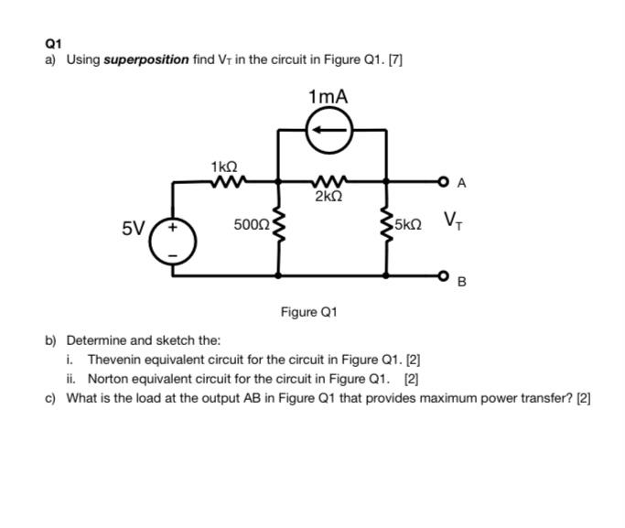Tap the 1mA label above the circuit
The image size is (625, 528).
[x=329, y=96]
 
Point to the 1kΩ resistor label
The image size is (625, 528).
[x=224, y=167]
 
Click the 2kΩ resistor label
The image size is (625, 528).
[x=329, y=197]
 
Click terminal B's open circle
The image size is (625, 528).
[x=444, y=275]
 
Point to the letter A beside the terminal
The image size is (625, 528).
[x=461, y=183]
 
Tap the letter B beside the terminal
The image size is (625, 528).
[x=461, y=283]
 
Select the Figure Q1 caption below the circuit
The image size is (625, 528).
[x=308, y=312]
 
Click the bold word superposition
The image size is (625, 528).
[x=146, y=59]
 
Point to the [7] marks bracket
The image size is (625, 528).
[x=395, y=59]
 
